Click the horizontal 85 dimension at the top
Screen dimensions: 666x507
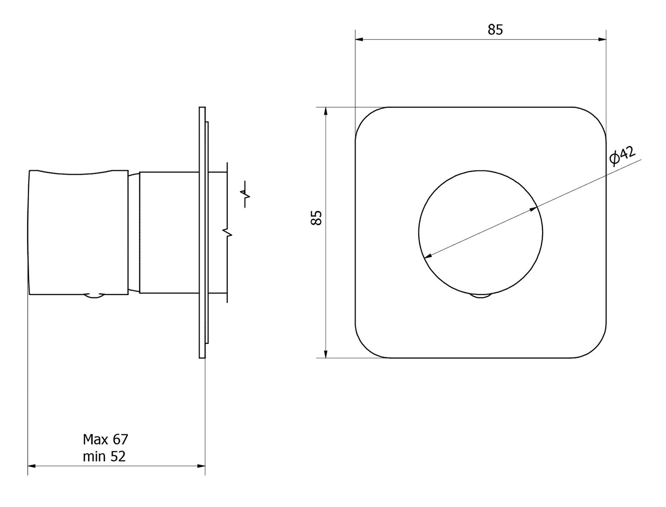[x=495, y=30]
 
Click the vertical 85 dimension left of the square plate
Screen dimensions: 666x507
[x=316, y=218]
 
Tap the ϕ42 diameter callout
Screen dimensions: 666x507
[x=622, y=156]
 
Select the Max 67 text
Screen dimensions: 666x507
[x=106, y=439]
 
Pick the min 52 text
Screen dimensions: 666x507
[x=104, y=456]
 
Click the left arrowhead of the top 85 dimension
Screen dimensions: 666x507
[x=359, y=39]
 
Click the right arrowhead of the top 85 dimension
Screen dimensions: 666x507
[x=602, y=39]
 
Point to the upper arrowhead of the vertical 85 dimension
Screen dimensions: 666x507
[x=326, y=111]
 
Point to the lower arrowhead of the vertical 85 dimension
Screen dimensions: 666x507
[x=326, y=354]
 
